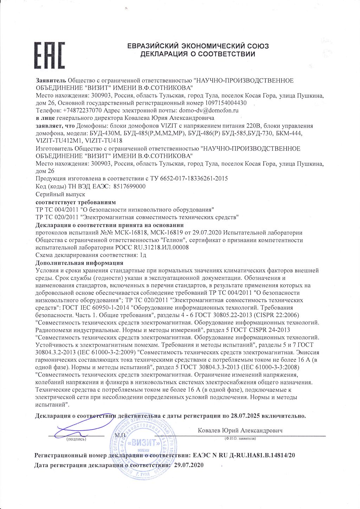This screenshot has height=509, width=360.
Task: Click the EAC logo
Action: [x=50, y=55]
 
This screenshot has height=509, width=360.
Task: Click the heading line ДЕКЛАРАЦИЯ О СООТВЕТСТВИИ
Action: [x=198, y=54]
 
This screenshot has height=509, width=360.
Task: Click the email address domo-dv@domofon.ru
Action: [x=209, y=110]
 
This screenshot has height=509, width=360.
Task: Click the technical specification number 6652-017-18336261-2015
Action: [x=194, y=179]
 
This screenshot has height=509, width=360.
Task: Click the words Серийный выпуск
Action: [x=60, y=194]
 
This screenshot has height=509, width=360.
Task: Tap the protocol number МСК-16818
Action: [x=133, y=232]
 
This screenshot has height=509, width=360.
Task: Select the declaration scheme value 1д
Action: [x=143, y=255]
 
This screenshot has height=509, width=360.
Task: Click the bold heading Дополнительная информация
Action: [x=79, y=263]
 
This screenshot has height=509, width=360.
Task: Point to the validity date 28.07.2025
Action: [x=245, y=416]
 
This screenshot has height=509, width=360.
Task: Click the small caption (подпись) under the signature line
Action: [x=76, y=439]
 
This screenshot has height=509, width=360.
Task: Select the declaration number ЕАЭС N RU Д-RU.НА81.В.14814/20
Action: [x=244, y=455]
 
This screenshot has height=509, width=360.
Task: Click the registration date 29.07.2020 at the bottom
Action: [x=189, y=465]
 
